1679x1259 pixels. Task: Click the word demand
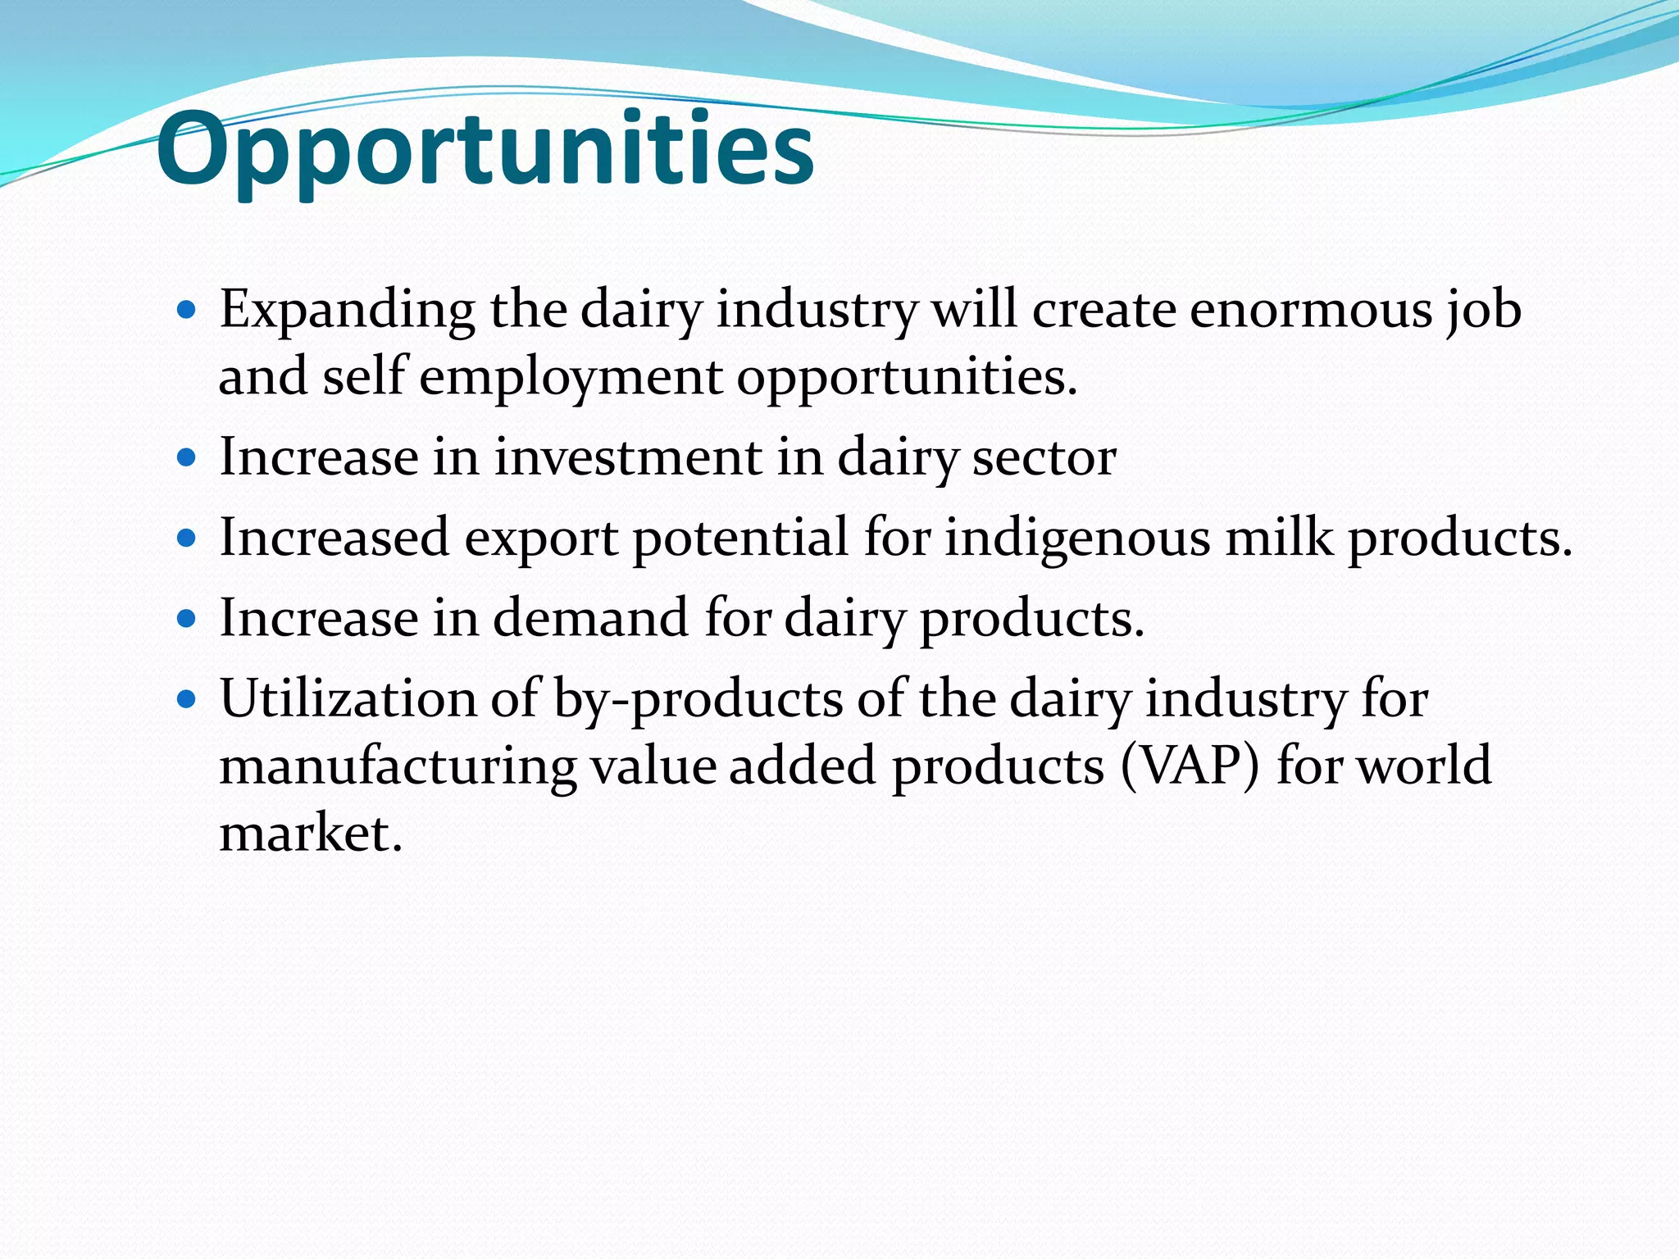(590, 618)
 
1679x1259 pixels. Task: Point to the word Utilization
(348, 700)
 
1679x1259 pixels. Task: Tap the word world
(1424, 766)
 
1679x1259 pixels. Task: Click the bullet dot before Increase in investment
(187, 457)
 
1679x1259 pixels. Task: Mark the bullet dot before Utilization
(187, 699)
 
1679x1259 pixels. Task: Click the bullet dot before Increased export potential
(187, 538)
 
